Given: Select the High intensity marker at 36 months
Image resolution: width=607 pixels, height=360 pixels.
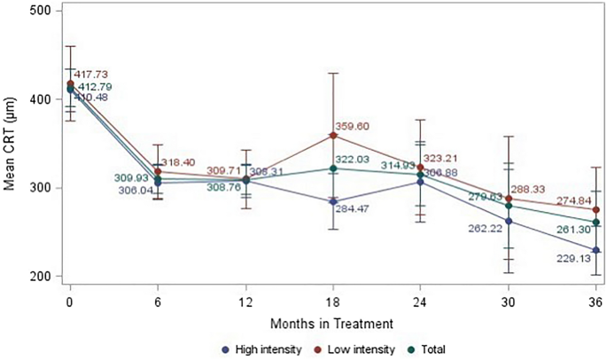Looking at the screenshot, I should (x=596, y=250).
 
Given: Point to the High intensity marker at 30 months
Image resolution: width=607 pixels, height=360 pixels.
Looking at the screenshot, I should (x=509, y=222).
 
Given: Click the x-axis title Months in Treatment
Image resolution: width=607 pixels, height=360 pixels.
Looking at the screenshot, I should (x=333, y=322).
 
